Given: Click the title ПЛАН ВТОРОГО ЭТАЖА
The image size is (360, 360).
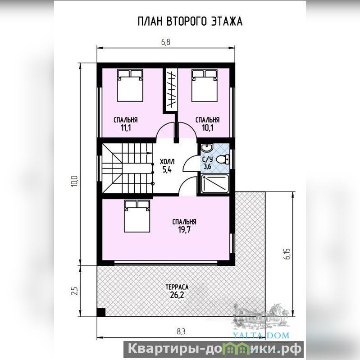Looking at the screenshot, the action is click(190, 21).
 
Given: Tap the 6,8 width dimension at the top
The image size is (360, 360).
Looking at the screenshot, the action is click(165, 42).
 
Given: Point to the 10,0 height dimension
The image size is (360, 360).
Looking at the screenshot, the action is click(75, 181).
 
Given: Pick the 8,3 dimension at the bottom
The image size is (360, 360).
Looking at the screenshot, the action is click(181, 331).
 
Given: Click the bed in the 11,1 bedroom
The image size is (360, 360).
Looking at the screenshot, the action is click(130, 86).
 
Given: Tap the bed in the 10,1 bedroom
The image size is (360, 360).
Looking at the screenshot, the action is click(205, 86).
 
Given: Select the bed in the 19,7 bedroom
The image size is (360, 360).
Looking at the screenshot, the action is click(137, 216).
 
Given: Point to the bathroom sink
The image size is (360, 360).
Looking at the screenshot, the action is click(207, 148).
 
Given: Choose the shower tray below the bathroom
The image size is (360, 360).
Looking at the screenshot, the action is click(215, 183).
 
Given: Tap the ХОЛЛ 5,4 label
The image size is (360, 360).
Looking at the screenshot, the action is click(167, 165).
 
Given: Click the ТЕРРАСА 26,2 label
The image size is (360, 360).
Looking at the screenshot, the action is click(177, 291).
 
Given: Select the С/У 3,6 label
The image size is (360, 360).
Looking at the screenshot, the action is click(207, 162).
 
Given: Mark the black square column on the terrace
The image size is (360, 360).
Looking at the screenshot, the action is click(101, 312).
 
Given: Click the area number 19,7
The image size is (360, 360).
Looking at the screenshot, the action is click(184, 229).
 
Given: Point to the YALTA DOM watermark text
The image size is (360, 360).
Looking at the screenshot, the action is click(261, 335).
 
